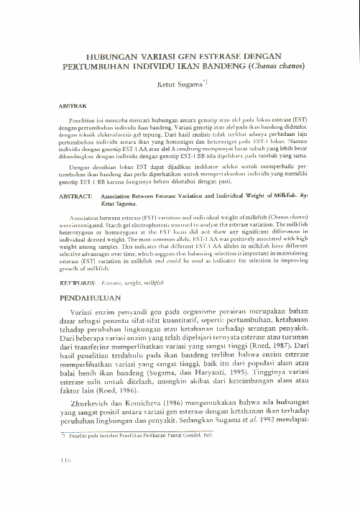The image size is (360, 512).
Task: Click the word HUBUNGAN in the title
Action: [110, 55]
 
